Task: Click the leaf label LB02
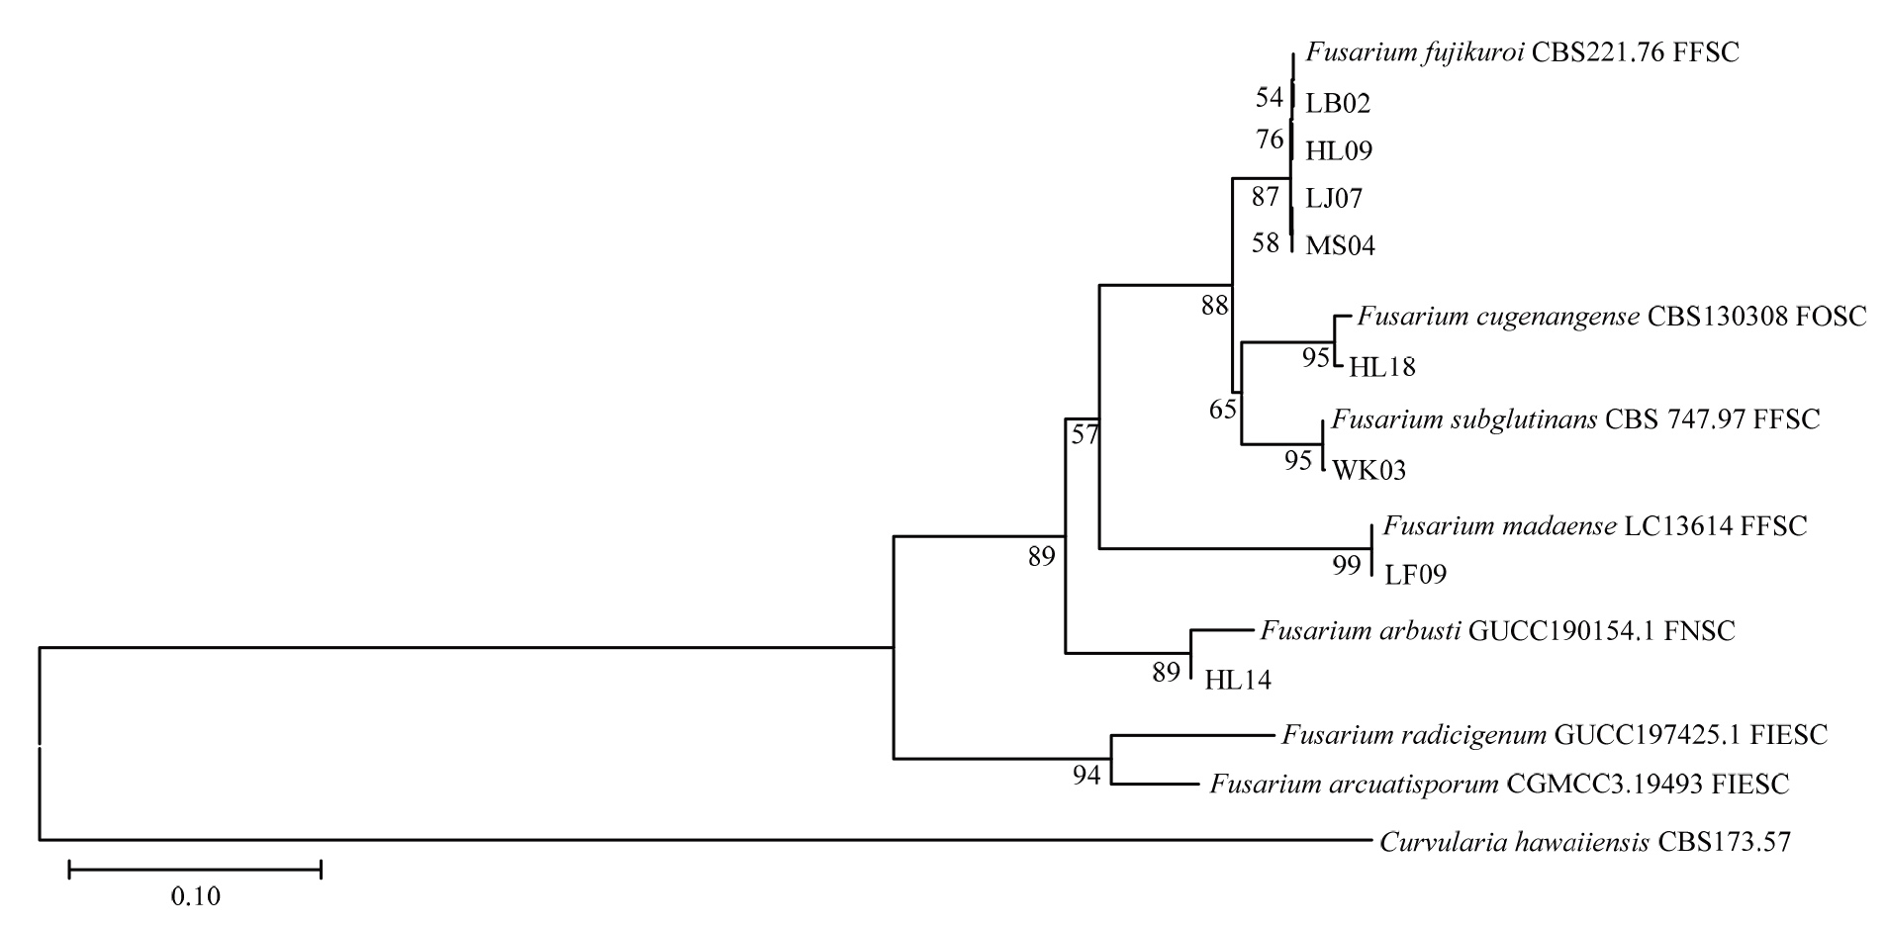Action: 1338,103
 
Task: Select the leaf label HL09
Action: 1339,151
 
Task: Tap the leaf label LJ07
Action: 1334,199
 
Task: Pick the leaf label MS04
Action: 1340,245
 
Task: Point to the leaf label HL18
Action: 1382,367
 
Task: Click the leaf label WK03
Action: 1368,471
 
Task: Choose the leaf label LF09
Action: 1415,574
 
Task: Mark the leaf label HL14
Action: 1237,680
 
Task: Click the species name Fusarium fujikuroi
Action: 1415,52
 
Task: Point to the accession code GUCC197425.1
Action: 1648,735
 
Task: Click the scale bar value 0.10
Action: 195,897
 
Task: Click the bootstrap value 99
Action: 1346,566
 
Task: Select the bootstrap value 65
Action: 1223,409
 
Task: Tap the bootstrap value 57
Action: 1085,434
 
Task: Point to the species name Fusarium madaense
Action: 1499,526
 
